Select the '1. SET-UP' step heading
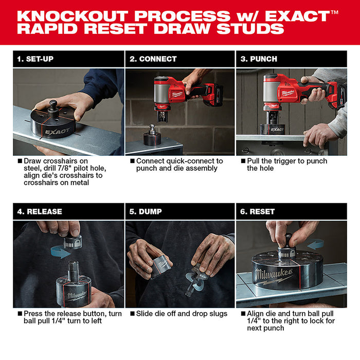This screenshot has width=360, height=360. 35,59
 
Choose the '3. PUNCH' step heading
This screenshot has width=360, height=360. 259,59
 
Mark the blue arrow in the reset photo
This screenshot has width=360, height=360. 315,244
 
